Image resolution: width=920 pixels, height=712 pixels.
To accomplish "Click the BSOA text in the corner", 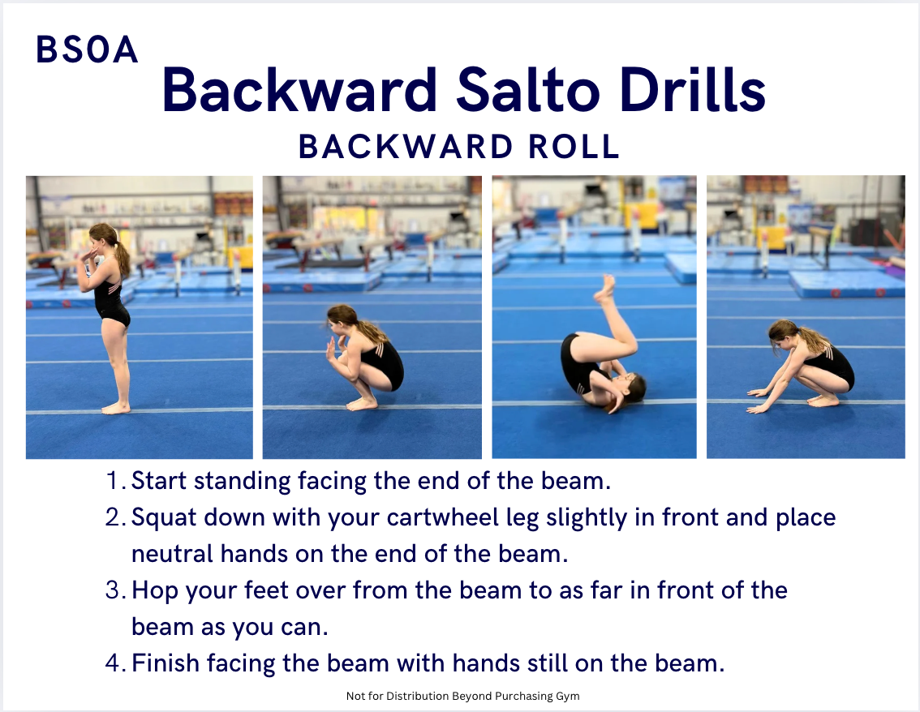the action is click(x=87, y=49).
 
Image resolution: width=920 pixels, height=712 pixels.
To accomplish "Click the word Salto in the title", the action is click(x=528, y=90).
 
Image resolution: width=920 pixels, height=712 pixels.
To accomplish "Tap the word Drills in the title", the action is click(x=692, y=89).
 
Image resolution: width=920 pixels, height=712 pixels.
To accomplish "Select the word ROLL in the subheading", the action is click(x=574, y=146).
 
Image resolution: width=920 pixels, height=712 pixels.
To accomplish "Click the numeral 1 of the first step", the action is click(x=114, y=480).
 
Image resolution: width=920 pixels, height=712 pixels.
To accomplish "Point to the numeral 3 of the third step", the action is click(x=112, y=590).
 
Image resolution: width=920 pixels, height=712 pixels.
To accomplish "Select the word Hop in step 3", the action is click(x=154, y=591).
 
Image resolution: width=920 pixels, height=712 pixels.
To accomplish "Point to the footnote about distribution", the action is click(x=462, y=696).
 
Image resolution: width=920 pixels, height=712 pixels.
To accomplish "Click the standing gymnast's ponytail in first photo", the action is click(x=122, y=254).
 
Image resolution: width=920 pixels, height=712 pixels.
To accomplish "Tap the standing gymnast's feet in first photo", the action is click(x=115, y=408).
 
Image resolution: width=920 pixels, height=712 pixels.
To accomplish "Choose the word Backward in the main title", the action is click(x=299, y=90).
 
